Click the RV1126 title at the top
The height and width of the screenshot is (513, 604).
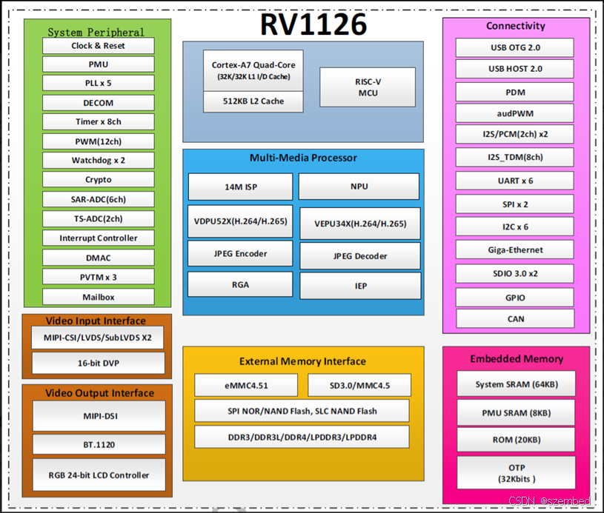[313, 25]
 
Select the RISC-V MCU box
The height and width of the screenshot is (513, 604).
[367, 87]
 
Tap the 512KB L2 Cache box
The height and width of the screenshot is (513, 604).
[253, 101]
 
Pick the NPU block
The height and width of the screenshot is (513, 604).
[359, 187]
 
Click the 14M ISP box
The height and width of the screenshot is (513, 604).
[241, 187]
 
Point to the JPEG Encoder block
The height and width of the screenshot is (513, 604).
[240, 254]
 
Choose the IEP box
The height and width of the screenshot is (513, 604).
[360, 286]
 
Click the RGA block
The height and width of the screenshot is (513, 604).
[240, 284]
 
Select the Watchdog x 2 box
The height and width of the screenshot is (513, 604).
[99, 161]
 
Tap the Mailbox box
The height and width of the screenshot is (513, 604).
[99, 297]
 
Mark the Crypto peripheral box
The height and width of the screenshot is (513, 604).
[99, 180]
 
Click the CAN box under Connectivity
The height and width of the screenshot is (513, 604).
[515, 318]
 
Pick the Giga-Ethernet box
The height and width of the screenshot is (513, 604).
[515, 250]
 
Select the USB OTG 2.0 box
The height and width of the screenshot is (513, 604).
[515, 48]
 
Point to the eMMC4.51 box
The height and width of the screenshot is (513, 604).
[246, 385]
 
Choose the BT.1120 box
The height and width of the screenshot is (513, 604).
[99, 445]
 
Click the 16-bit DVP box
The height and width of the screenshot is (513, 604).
[99, 363]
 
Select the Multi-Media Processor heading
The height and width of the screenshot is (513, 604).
[303, 158]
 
